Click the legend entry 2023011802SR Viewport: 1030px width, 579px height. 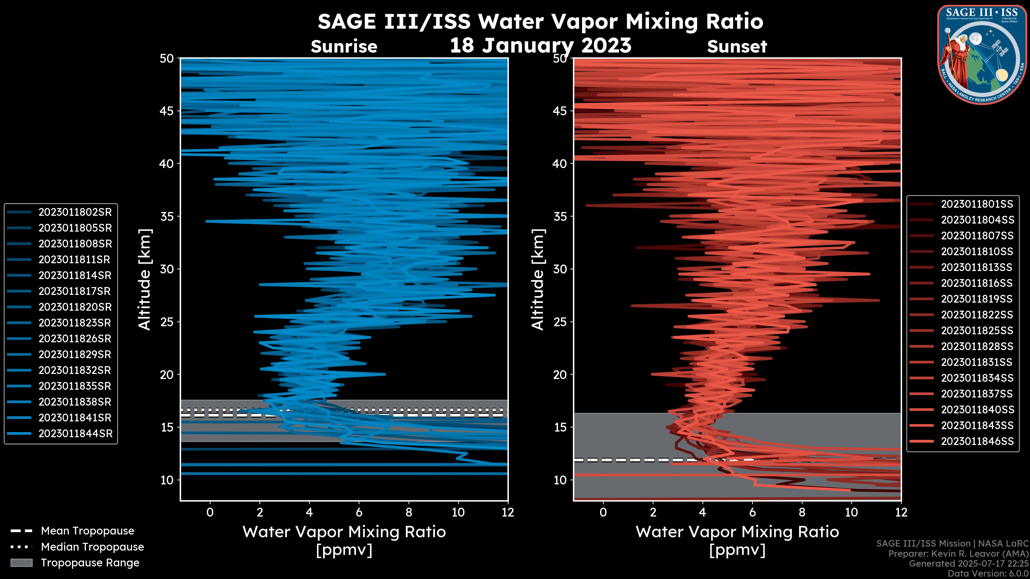click(75, 212)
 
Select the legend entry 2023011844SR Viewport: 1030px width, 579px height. click(75, 433)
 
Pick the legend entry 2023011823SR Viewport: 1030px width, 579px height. click(75, 323)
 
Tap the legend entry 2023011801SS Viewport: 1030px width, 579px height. click(977, 204)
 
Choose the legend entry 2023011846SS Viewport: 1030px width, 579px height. click(977, 441)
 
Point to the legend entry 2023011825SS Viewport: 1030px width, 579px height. click(977, 331)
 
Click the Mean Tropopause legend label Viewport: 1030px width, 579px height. click(87, 531)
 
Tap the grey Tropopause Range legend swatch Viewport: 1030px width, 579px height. click(21, 563)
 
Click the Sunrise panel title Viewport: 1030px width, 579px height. click(344, 47)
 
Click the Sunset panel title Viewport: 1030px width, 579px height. click(737, 47)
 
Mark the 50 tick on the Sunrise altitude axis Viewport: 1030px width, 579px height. click(167, 59)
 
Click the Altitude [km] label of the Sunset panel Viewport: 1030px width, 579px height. click(538, 280)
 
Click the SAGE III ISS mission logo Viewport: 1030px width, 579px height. click(982, 55)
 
